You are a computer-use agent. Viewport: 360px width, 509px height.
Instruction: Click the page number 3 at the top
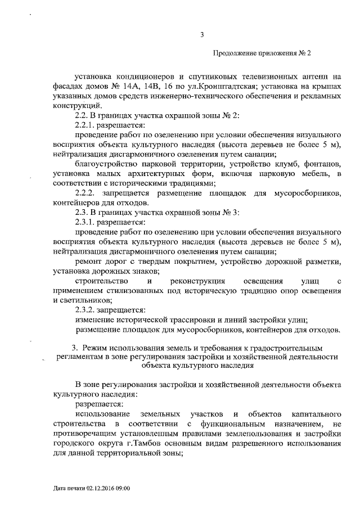(x=202, y=37)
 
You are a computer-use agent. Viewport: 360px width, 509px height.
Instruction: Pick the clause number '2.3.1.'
(x=85, y=222)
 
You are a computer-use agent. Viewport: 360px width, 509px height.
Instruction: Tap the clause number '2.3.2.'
(x=86, y=309)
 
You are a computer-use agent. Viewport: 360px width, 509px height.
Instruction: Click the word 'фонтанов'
(x=322, y=163)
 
